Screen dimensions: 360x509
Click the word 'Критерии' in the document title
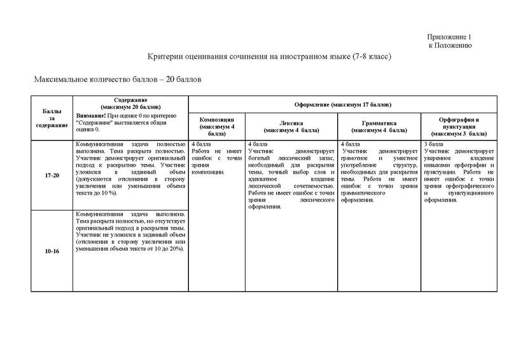point(165,57)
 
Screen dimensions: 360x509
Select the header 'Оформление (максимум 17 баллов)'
point(342,104)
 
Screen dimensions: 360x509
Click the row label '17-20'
point(52,174)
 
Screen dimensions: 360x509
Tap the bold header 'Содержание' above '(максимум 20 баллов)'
point(131,99)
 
